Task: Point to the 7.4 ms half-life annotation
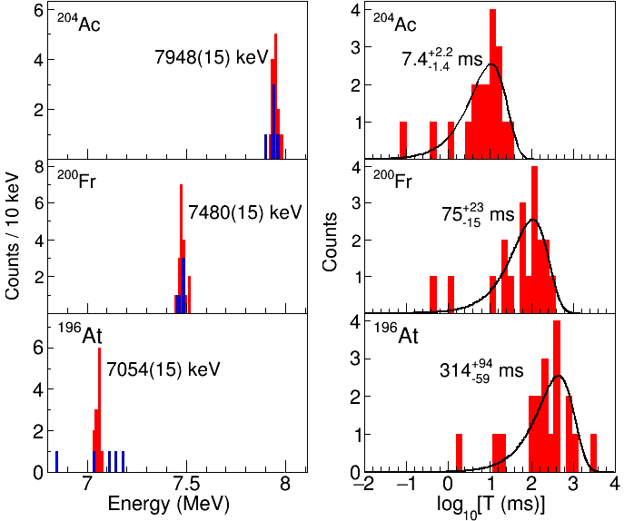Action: coord(440,60)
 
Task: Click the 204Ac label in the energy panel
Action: coord(78,23)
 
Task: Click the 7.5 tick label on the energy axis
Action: coord(186,483)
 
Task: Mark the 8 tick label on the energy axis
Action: coord(285,483)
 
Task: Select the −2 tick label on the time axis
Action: coord(364,483)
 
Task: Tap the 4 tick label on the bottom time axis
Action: coord(614,483)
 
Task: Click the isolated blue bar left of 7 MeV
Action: coord(56,461)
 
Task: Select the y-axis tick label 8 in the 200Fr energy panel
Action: coord(38,168)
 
